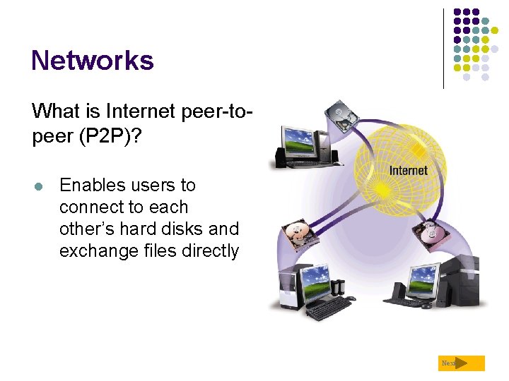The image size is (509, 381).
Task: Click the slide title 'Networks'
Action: coord(92,61)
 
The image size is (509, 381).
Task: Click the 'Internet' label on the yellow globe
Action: coord(408,170)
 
